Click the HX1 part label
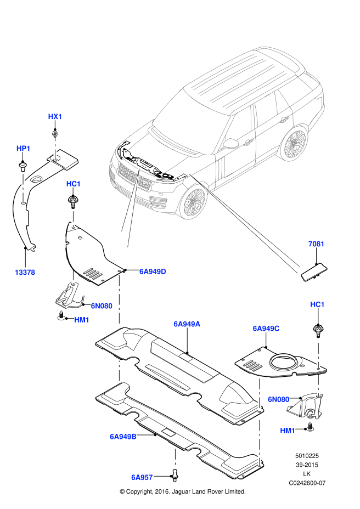[x=55, y=116]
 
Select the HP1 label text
[x=23, y=148]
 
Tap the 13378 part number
[x=25, y=273]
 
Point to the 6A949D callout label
[x=153, y=272]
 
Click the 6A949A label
[x=187, y=324]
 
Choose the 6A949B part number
[x=123, y=437]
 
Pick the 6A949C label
[x=266, y=329]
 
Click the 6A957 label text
[x=142, y=477]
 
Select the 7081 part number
[x=316, y=244]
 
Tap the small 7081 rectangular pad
[x=314, y=272]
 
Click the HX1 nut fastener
[x=55, y=133]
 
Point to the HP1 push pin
[x=22, y=167]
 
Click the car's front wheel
[x=193, y=203]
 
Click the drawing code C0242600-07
[x=307, y=483]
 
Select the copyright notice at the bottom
[x=183, y=491]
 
